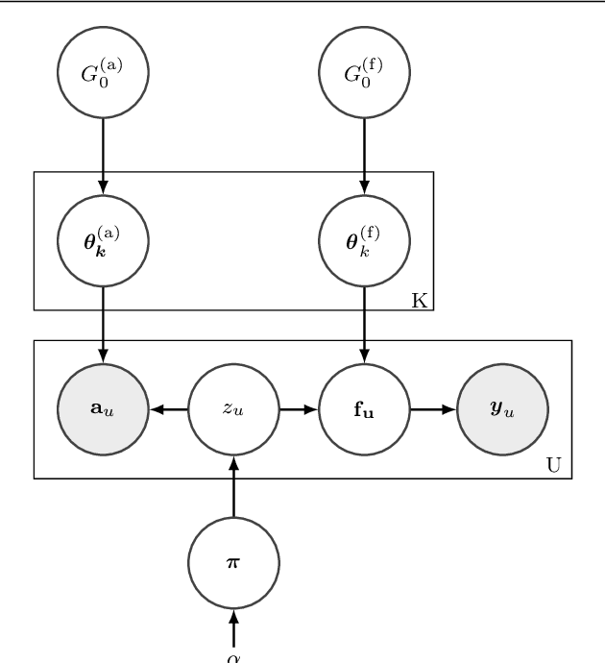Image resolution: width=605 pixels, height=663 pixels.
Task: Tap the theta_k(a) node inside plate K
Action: pyautogui.click(x=103, y=240)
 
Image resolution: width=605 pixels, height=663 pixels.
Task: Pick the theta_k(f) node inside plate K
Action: pyautogui.click(x=364, y=240)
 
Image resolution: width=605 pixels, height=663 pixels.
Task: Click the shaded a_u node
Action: pyautogui.click(x=103, y=408)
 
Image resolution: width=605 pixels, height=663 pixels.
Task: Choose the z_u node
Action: pyautogui.click(x=233, y=408)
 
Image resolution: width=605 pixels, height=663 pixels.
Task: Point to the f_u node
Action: pyautogui.click(x=364, y=408)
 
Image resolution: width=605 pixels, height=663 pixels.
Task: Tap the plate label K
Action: pyautogui.click(x=420, y=300)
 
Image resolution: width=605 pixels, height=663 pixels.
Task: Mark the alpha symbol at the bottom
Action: pyautogui.click(x=233, y=657)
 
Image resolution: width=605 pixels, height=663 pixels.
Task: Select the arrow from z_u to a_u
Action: pyautogui.click(x=168, y=408)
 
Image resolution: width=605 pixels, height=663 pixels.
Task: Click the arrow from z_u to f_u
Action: pyautogui.click(x=299, y=408)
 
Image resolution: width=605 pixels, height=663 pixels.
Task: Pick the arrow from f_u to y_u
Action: pyautogui.click(x=434, y=408)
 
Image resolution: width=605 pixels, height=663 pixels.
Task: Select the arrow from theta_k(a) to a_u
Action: pyautogui.click(x=103, y=325)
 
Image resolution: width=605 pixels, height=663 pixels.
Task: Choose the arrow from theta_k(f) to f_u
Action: pyautogui.click(x=364, y=325)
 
